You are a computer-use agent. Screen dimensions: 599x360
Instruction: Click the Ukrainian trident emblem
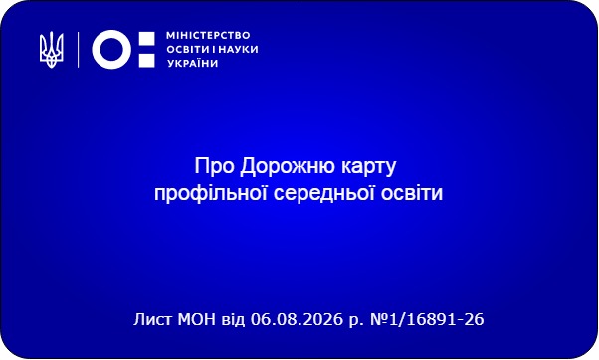[52, 50]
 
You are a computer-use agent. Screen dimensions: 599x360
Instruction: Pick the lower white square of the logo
[146, 60]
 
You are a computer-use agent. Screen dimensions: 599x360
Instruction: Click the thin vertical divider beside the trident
[79, 50]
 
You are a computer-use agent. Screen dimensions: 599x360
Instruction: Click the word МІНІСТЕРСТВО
[208, 36]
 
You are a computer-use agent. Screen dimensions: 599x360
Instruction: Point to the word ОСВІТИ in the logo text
[188, 50]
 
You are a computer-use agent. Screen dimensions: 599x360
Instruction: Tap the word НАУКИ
[238, 50]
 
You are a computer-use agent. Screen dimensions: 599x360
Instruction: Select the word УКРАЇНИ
[193, 63]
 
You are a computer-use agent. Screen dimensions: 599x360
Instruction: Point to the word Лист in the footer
[153, 319]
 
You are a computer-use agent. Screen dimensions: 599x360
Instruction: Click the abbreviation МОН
[197, 319]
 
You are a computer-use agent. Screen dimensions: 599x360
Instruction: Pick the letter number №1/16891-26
[427, 319]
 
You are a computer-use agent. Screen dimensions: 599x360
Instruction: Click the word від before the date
[233, 319]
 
